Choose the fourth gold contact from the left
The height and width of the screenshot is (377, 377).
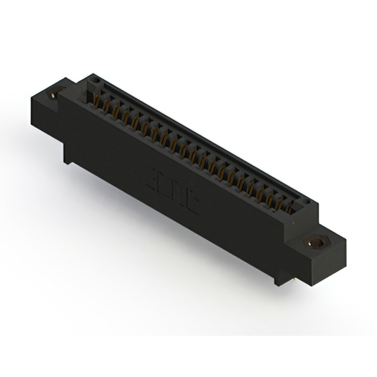(126, 117)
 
